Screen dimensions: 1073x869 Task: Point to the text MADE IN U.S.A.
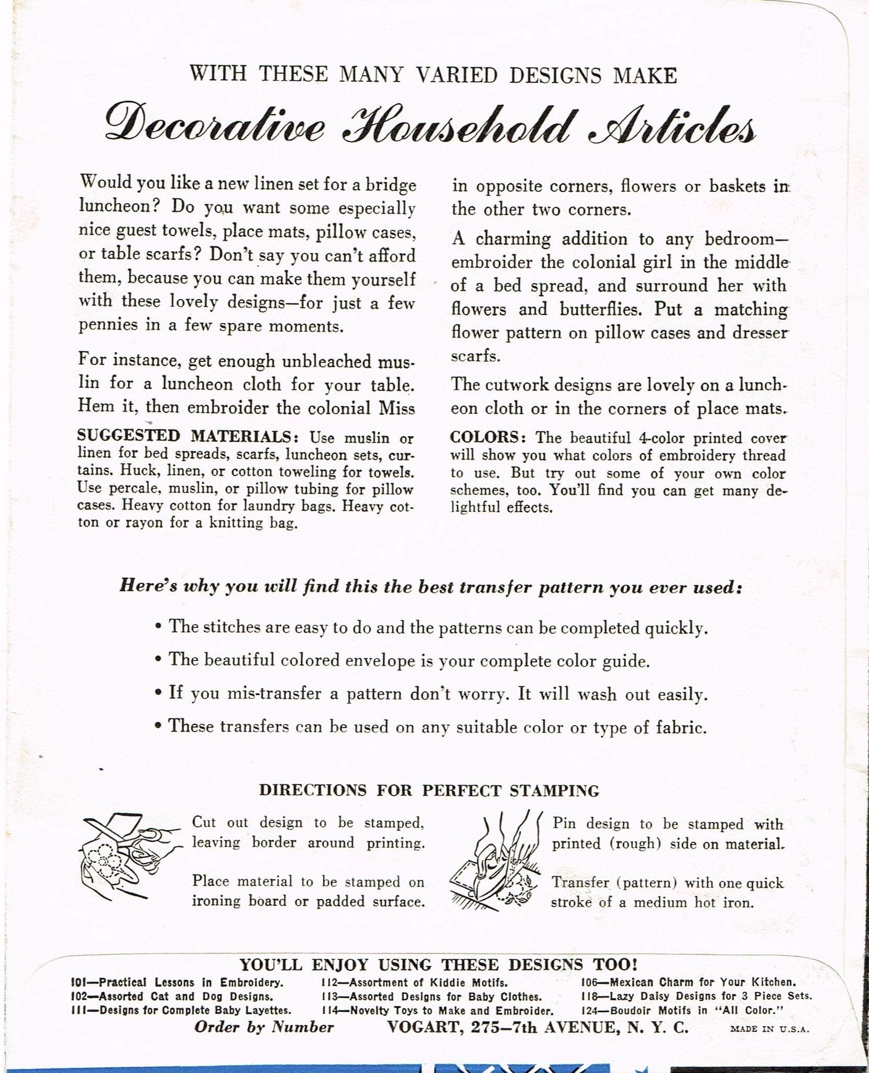click(x=769, y=1029)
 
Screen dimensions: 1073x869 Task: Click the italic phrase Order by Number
click(x=263, y=1027)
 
